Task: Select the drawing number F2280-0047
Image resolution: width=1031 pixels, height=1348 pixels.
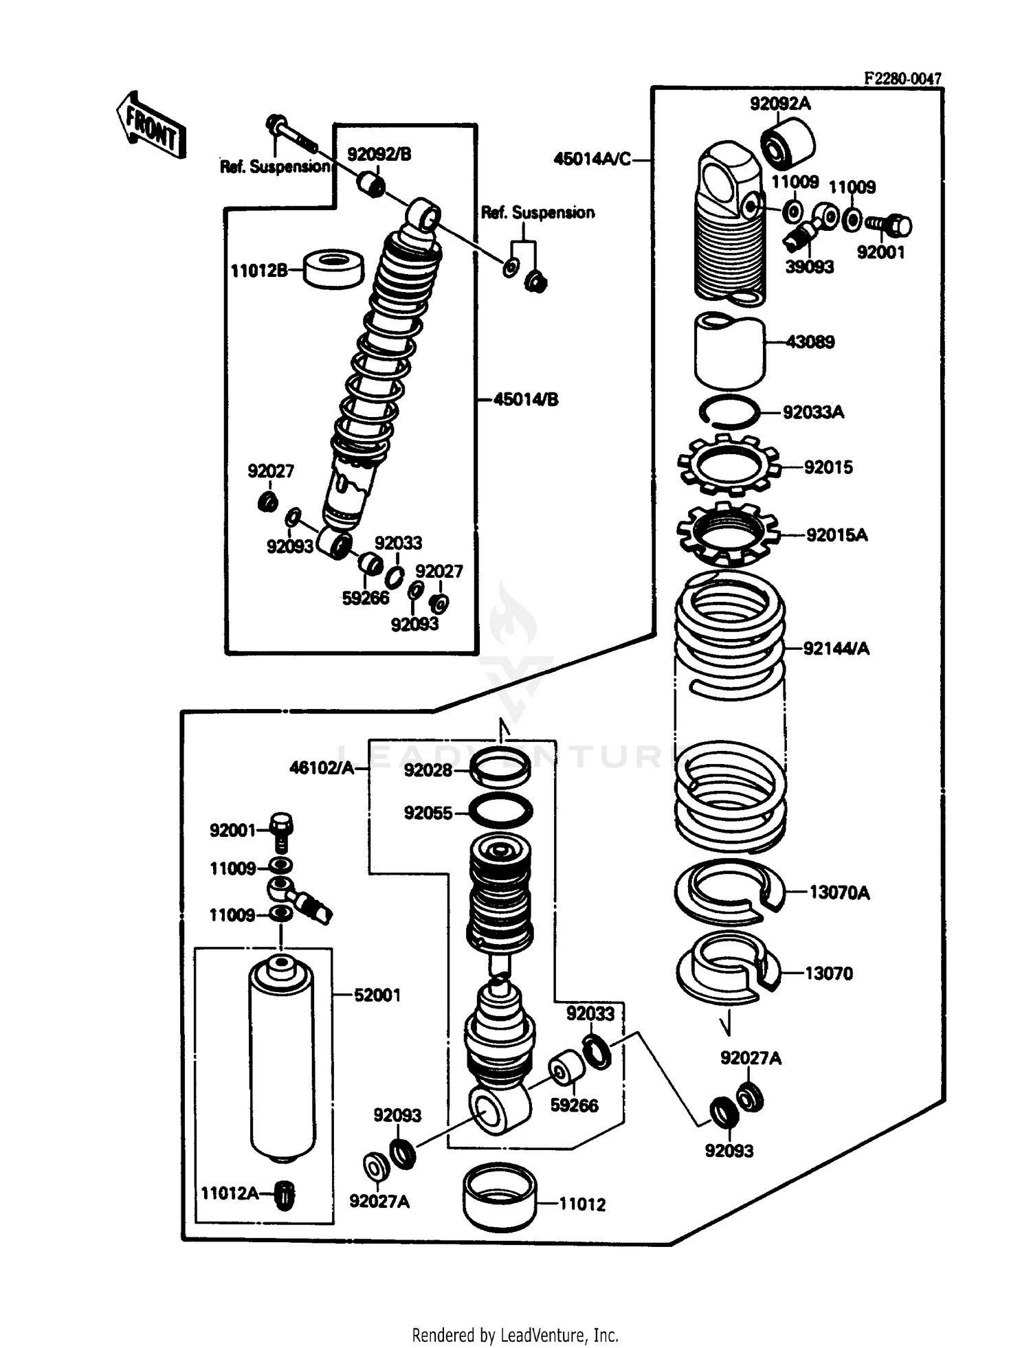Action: click(902, 79)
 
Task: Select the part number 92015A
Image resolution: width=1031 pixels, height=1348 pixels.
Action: click(836, 535)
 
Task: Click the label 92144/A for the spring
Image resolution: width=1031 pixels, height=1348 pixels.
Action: click(836, 648)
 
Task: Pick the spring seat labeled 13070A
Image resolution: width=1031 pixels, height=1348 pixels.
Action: click(729, 891)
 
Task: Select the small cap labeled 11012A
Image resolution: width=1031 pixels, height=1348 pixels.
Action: click(285, 1195)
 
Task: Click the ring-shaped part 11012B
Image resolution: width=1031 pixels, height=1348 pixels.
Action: click(333, 269)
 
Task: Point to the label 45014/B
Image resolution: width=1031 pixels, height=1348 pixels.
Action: click(526, 399)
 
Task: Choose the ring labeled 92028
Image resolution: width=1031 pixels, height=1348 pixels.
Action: click(501, 767)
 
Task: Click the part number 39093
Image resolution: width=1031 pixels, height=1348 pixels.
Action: click(809, 267)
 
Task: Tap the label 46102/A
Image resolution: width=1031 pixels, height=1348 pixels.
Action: click(322, 767)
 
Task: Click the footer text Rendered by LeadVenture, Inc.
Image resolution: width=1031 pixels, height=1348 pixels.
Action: click(515, 1335)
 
